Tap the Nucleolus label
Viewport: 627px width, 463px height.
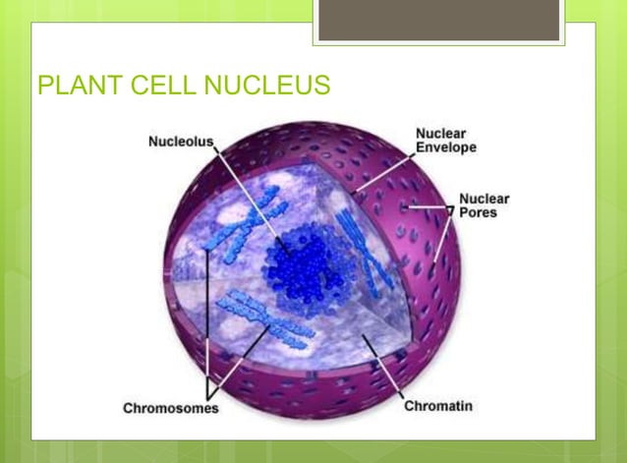pos(181,143)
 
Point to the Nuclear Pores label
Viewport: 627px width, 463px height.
pos(484,204)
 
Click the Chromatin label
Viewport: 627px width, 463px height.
pos(440,405)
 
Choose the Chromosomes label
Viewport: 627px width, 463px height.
pos(170,407)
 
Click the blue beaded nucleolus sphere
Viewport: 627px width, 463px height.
pos(303,262)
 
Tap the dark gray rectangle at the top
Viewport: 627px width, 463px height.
pos(438,20)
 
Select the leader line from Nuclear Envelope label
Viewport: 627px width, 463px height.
pos(383,168)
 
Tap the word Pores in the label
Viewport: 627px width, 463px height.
pos(478,212)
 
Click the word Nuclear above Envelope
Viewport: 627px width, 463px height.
pos(440,133)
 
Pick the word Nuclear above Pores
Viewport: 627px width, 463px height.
pos(484,199)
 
